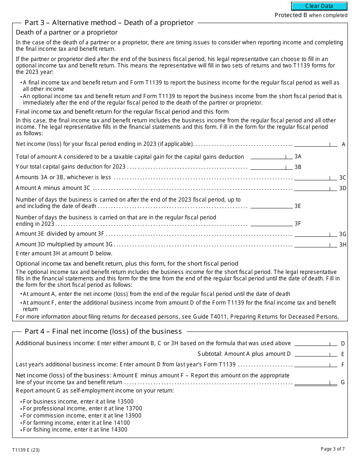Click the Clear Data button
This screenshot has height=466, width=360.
coord(319,6)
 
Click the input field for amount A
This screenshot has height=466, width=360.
coord(315,144)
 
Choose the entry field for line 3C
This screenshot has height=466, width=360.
coord(315,177)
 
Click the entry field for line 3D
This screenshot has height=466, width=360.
coord(315,188)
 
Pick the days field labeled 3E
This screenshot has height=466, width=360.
coord(271,206)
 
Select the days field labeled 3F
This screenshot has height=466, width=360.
coord(271,223)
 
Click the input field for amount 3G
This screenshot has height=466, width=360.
coord(315,234)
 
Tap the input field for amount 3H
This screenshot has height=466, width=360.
coord(315,244)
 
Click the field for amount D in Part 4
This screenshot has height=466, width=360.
coord(315,343)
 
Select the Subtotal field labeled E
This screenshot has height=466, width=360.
coord(315,354)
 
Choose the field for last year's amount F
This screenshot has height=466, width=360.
coord(315,364)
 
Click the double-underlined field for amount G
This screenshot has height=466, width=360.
coord(315,382)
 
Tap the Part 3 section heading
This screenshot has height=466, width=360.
coord(109,23)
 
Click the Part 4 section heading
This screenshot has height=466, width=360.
coord(103,332)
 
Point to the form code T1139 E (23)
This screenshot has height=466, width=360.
coord(26,450)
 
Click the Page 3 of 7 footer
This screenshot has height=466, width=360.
coord(333,449)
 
